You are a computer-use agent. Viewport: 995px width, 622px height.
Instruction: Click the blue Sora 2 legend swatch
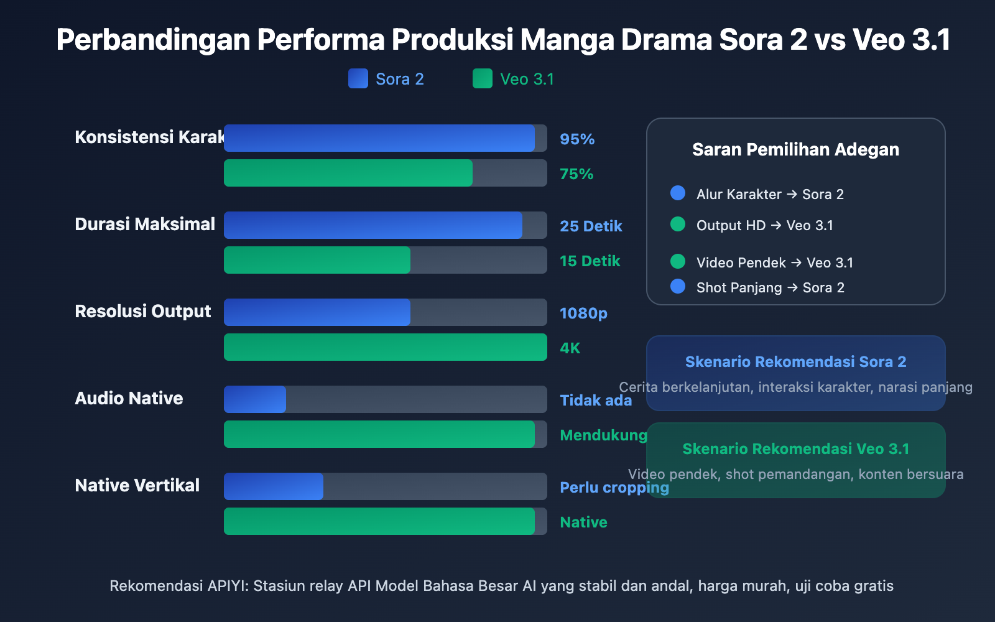[x=358, y=78]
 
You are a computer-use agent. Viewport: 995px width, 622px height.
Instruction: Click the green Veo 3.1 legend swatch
[x=483, y=78]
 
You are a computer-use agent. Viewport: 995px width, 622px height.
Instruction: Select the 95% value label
[x=577, y=139]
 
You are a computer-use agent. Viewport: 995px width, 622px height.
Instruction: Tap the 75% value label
[x=576, y=174]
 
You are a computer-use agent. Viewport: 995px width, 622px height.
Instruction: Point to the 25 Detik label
[x=591, y=226]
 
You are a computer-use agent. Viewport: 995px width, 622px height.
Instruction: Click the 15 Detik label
[x=590, y=261]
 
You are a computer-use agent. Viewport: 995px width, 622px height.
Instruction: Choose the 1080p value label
[x=583, y=313]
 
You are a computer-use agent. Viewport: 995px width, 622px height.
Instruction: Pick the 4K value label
[x=570, y=348]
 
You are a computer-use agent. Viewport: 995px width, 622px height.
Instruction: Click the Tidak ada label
[x=596, y=401]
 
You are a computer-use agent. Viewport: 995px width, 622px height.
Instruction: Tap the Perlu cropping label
[x=614, y=488]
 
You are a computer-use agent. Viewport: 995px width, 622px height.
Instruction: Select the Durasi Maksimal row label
[x=145, y=224]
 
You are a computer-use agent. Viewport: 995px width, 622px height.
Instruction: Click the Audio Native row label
[x=129, y=398]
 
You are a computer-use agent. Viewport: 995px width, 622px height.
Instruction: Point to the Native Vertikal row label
[x=137, y=485]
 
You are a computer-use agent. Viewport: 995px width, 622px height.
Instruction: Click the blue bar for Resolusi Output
[x=317, y=312]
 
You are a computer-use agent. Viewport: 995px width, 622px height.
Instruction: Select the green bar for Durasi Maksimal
[x=317, y=260]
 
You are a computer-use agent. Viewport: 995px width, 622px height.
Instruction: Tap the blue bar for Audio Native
[x=255, y=399]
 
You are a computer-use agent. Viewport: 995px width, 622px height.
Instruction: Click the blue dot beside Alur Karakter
[x=678, y=193]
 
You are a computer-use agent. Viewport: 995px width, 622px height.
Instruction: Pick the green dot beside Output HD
[x=678, y=224]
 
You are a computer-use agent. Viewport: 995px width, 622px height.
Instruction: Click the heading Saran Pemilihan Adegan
[x=795, y=149]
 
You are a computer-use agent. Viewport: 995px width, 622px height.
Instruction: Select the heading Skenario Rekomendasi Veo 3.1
[x=795, y=448]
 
